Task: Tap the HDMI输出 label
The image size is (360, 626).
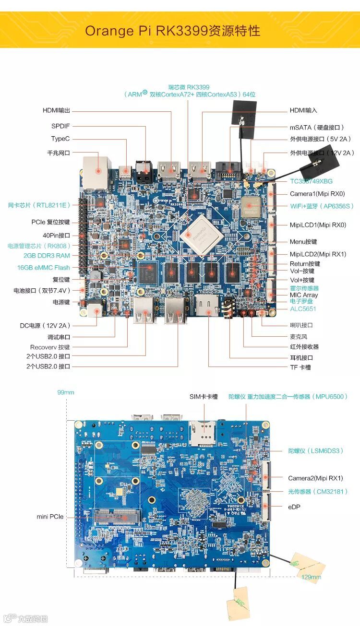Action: click(56, 111)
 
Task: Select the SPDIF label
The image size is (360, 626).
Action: click(60, 126)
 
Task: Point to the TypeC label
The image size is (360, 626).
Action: click(60, 139)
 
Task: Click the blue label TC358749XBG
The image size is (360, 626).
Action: click(311, 181)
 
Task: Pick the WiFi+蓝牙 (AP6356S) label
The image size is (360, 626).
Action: click(322, 206)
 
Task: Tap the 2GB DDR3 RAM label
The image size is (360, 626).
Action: click(47, 256)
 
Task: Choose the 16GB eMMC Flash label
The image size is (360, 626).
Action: click(43, 268)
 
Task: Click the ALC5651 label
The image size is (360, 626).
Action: click(303, 309)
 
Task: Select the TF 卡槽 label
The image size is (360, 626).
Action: click(300, 367)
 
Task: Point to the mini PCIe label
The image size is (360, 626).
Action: click(50, 517)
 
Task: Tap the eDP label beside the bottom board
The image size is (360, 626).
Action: click(294, 507)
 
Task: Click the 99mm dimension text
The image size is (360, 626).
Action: click(66, 392)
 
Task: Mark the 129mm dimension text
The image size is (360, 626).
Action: click(312, 577)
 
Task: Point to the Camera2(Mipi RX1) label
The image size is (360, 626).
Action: click(315, 478)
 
